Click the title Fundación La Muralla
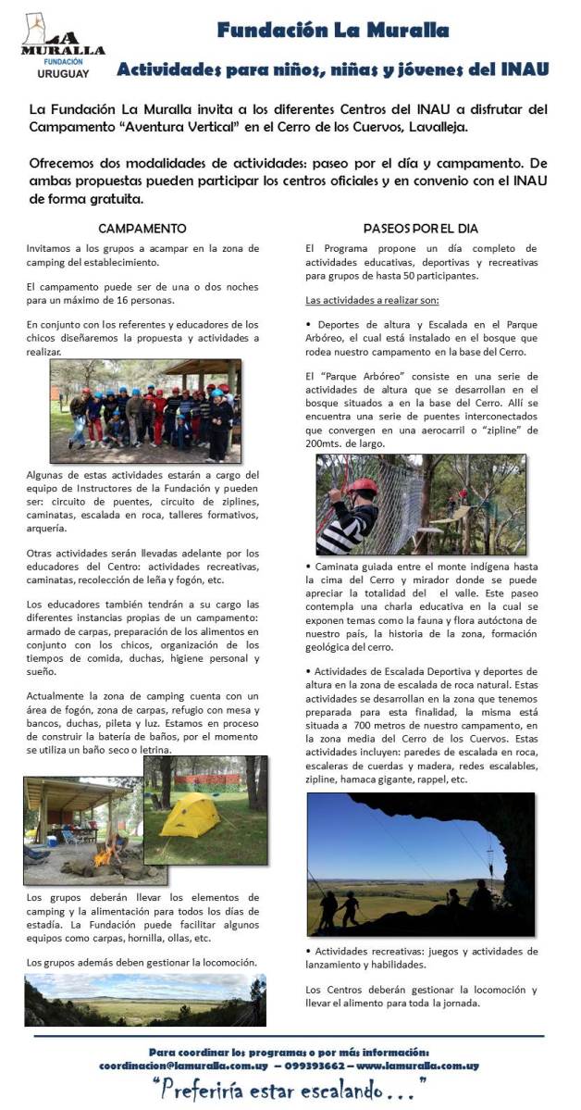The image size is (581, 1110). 333,31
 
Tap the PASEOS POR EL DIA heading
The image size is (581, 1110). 420,228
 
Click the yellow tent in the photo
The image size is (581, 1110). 191,815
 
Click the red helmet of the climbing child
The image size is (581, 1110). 363,487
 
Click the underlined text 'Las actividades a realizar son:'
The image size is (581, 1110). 371,301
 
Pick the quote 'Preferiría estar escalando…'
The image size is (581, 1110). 290,1087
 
